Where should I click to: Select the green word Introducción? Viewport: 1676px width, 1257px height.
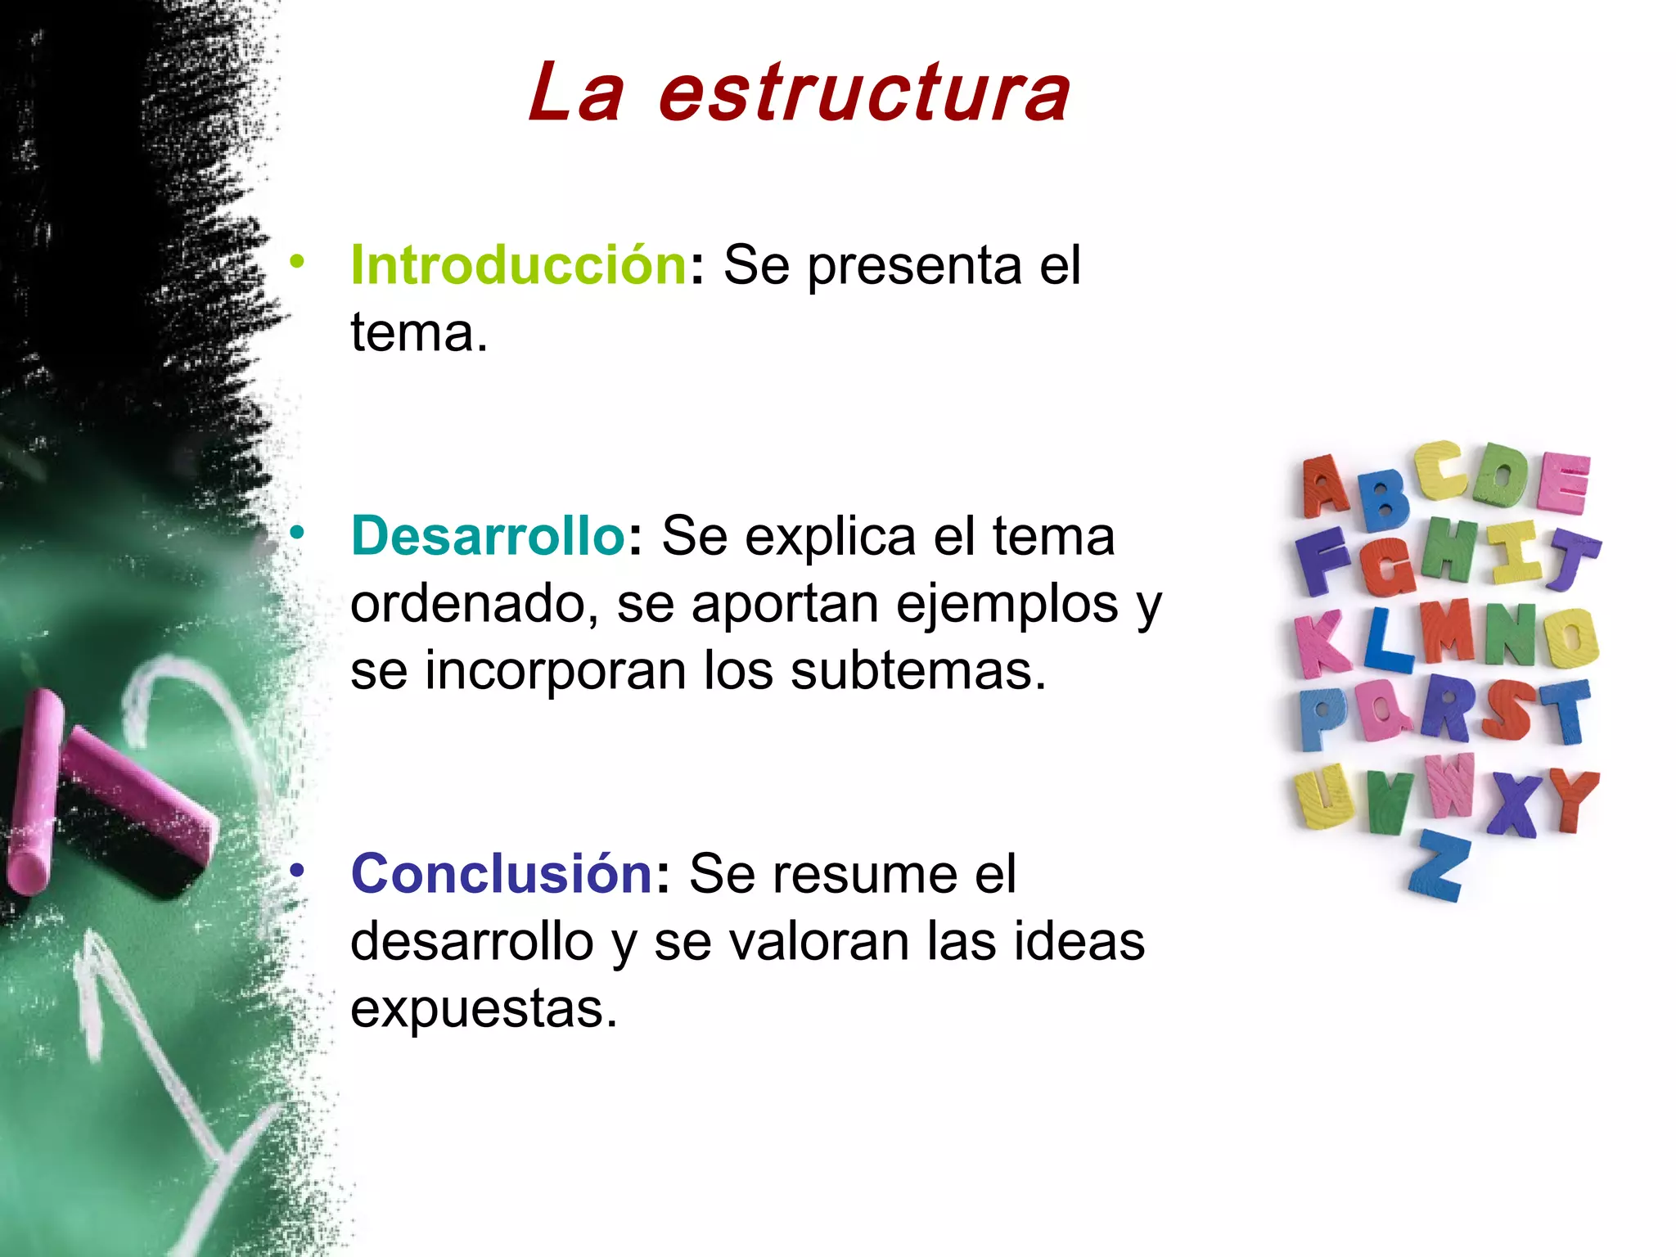coord(519,266)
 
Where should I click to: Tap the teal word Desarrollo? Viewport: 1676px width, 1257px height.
coord(489,537)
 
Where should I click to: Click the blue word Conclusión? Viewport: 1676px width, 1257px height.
coord(502,874)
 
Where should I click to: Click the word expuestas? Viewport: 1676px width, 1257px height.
coord(484,1009)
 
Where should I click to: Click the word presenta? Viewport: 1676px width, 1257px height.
coord(914,267)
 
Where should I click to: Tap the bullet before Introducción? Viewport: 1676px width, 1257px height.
coord(297,263)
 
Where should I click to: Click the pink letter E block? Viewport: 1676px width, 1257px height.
coord(1563,483)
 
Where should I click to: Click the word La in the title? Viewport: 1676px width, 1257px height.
coord(575,94)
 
